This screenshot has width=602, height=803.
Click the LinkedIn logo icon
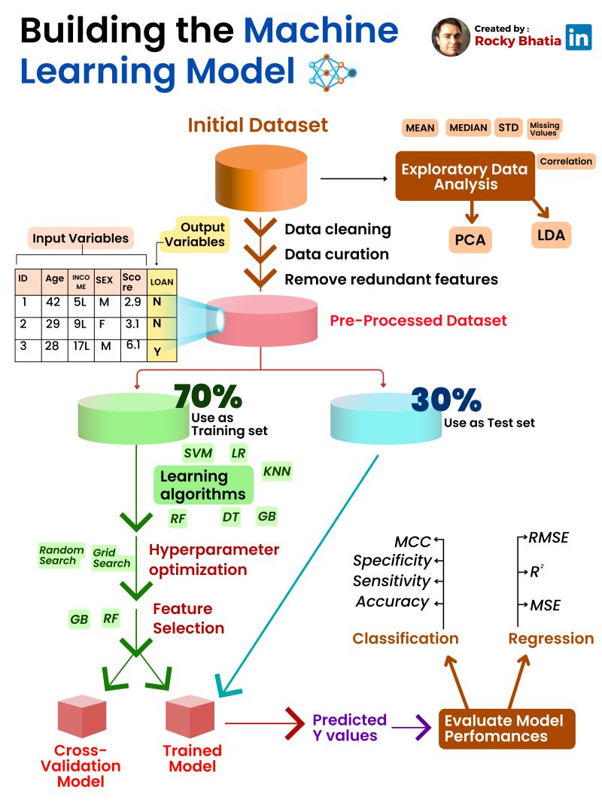click(x=579, y=38)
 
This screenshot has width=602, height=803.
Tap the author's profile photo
click(x=451, y=37)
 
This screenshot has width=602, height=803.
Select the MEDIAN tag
click(x=468, y=128)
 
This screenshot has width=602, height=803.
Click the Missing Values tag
click(x=544, y=128)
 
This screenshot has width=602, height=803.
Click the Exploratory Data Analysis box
click(x=464, y=176)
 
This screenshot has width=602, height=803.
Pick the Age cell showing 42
click(x=53, y=303)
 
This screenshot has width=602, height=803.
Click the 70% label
click(x=208, y=396)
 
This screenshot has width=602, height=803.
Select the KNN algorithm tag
click(x=276, y=472)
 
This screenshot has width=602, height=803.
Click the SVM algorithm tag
click(x=198, y=453)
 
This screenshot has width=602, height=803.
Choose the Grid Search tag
click(x=111, y=558)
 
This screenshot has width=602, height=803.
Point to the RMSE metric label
click(x=548, y=537)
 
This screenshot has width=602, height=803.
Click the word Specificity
click(x=392, y=561)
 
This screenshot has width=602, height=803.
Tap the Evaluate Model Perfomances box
click(x=506, y=728)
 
